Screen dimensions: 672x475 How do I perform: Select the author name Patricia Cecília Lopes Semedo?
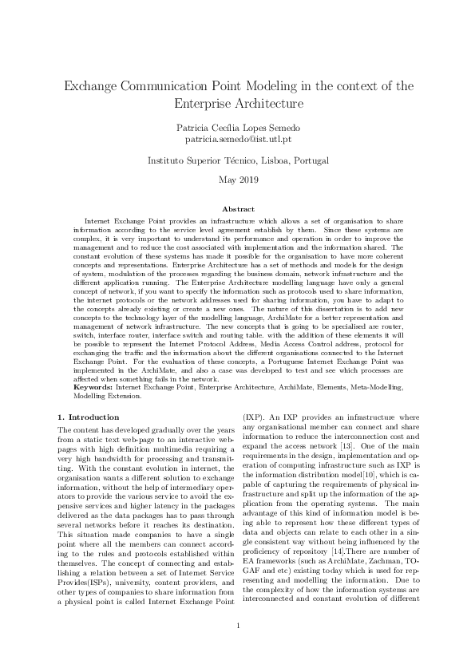[x=237, y=126]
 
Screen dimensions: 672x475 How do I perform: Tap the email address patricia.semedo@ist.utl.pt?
[x=237, y=139]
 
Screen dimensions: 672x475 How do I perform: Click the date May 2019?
[x=237, y=180]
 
